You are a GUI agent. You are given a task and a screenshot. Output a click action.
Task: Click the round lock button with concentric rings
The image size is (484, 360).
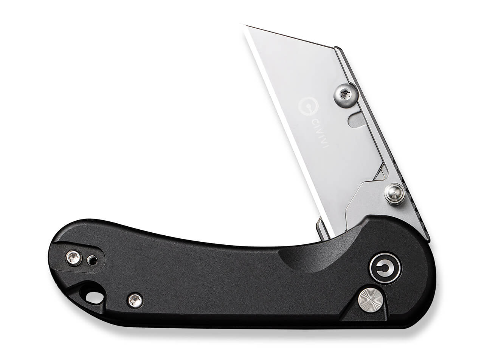pos(370,300)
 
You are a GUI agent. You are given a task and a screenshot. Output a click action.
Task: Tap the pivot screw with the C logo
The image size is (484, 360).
pos(385,269)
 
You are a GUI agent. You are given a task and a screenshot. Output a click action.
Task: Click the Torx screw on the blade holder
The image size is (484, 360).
pos(346,95)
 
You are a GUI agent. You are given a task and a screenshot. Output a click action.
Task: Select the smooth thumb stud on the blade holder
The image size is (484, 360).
pos(394,194)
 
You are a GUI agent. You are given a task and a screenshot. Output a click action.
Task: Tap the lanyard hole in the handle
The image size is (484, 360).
pos(95,298)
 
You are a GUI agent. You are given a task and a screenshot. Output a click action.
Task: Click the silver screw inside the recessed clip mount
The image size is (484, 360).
pos(74,258)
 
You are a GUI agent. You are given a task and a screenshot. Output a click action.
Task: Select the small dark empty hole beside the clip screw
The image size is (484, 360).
pos(92,260)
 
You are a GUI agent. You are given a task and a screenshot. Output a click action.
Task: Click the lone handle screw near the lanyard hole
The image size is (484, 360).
pos(135,300)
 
